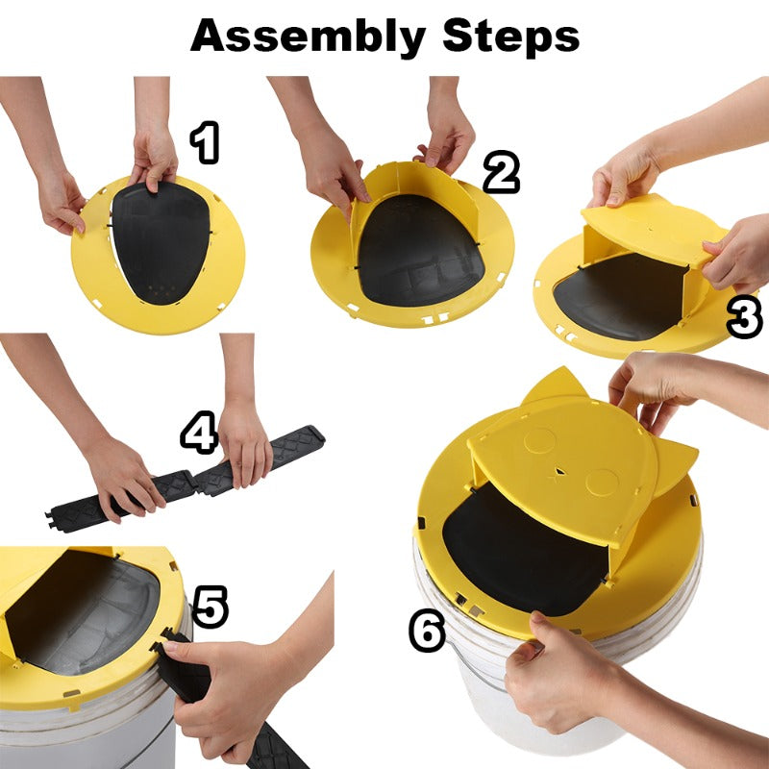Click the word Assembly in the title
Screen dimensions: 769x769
pyautogui.click(x=309, y=37)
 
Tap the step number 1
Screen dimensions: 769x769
pyautogui.click(x=205, y=143)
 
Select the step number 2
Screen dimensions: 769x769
pyautogui.click(x=501, y=173)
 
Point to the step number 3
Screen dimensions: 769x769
pyautogui.click(x=744, y=318)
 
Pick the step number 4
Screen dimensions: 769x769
pyautogui.click(x=199, y=434)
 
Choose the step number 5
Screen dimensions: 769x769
pyautogui.click(x=211, y=607)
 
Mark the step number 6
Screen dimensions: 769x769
pyautogui.click(x=427, y=632)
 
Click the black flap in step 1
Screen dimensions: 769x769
pyautogui.click(x=161, y=242)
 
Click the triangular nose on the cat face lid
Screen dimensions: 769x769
pyautogui.click(x=558, y=472)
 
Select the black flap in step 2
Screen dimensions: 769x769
pyautogui.click(x=418, y=250)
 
